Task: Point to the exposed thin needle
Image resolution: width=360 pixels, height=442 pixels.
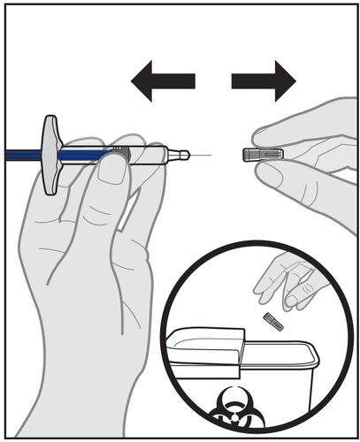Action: pyautogui.click(x=202, y=155)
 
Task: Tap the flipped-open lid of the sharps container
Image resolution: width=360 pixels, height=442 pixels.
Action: pyautogui.click(x=208, y=341)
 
